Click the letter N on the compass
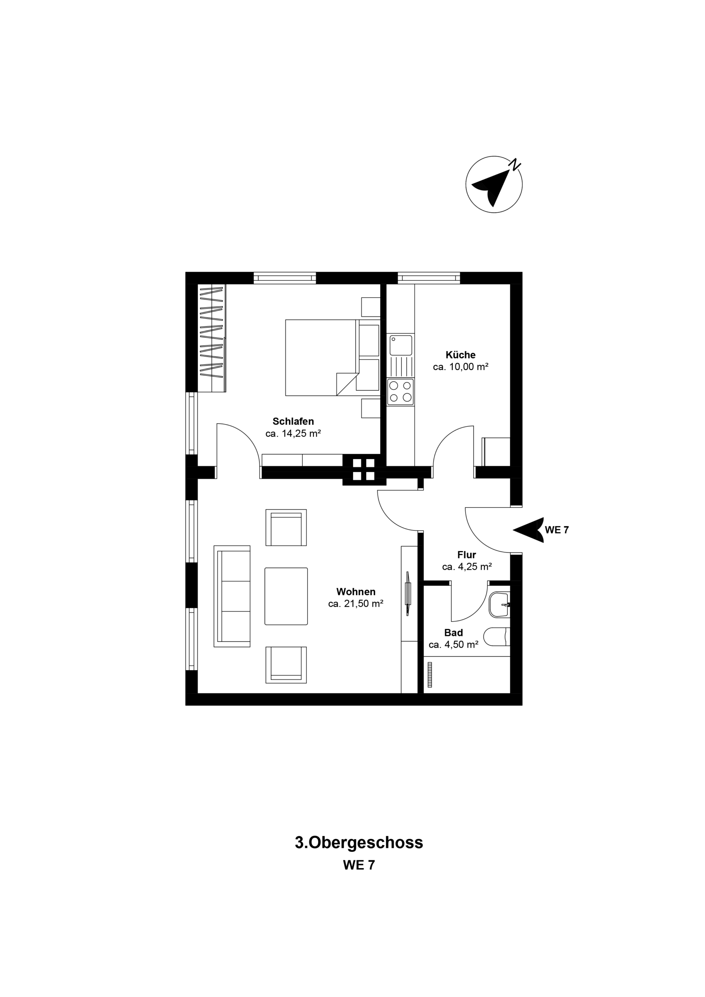[515, 165]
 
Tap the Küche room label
[461, 355]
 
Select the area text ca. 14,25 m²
[293, 433]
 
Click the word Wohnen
[355, 592]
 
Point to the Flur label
[467, 555]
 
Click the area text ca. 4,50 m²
[453, 645]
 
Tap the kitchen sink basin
[400, 345]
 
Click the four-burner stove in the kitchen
[401, 392]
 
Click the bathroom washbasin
[499, 605]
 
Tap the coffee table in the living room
[286, 596]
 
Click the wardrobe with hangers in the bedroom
[212, 337]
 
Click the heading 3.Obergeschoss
[359, 842]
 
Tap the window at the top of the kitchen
[429, 278]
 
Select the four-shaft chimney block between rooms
[364, 469]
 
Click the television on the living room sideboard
[408, 593]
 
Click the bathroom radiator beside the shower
[430, 675]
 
